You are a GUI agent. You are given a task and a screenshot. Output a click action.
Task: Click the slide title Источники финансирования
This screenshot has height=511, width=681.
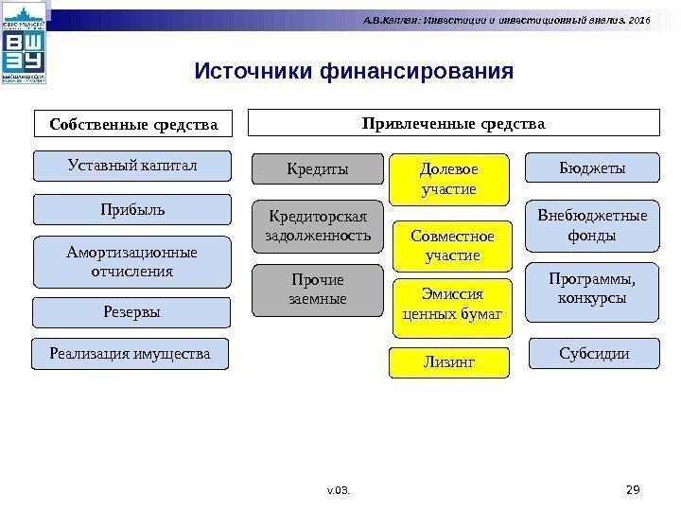click(354, 71)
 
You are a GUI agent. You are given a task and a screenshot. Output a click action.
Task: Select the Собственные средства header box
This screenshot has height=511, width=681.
click(133, 123)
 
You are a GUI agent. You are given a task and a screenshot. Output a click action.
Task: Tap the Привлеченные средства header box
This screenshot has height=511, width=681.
click(454, 123)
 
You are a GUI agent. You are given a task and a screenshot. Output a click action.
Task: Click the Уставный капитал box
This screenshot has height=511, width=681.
click(132, 166)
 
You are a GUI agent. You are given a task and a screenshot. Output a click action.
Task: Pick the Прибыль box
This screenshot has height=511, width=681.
click(132, 209)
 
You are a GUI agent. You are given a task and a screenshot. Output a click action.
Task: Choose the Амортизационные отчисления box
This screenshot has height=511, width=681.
click(132, 262)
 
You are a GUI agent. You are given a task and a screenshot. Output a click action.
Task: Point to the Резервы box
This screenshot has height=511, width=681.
click(132, 310)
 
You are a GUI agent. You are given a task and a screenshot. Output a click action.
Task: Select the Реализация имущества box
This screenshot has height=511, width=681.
click(132, 353)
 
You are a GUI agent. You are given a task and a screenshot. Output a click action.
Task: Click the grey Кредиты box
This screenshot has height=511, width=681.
click(318, 169)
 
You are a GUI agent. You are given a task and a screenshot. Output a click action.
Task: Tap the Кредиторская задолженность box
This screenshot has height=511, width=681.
click(318, 225)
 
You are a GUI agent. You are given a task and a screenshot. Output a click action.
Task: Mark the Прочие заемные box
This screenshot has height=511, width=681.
click(318, 290)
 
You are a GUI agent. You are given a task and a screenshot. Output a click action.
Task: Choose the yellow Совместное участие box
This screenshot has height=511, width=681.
click(448, 244)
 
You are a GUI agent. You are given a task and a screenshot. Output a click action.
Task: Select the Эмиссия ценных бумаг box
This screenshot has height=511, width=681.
click(451, 307)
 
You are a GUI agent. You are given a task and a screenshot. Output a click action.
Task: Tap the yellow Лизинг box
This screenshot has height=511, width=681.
click(448, 361)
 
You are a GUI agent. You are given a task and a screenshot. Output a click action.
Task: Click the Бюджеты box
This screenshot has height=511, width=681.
click(592, 167)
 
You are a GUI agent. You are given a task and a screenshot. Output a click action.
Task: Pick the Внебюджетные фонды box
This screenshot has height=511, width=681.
click(592, 224)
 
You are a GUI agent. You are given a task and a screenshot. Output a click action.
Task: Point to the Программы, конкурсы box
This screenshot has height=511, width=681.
click(592, 289)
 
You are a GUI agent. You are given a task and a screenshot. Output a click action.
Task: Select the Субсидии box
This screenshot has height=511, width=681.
click(592, 354)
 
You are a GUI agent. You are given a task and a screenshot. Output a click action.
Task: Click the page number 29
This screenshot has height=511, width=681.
click(634, 488)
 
